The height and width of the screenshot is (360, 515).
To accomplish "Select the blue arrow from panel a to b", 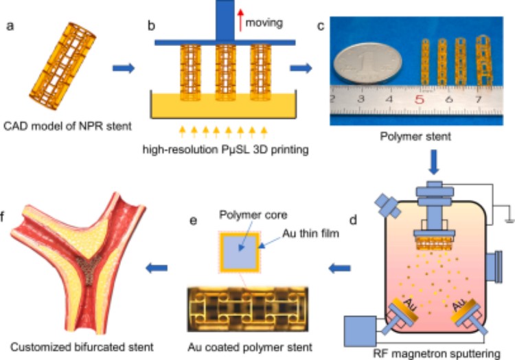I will pos(124,68).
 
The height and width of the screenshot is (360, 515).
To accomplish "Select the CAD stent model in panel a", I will pos(58,69).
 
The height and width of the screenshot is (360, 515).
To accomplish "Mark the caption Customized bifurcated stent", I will pos(70,344).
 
